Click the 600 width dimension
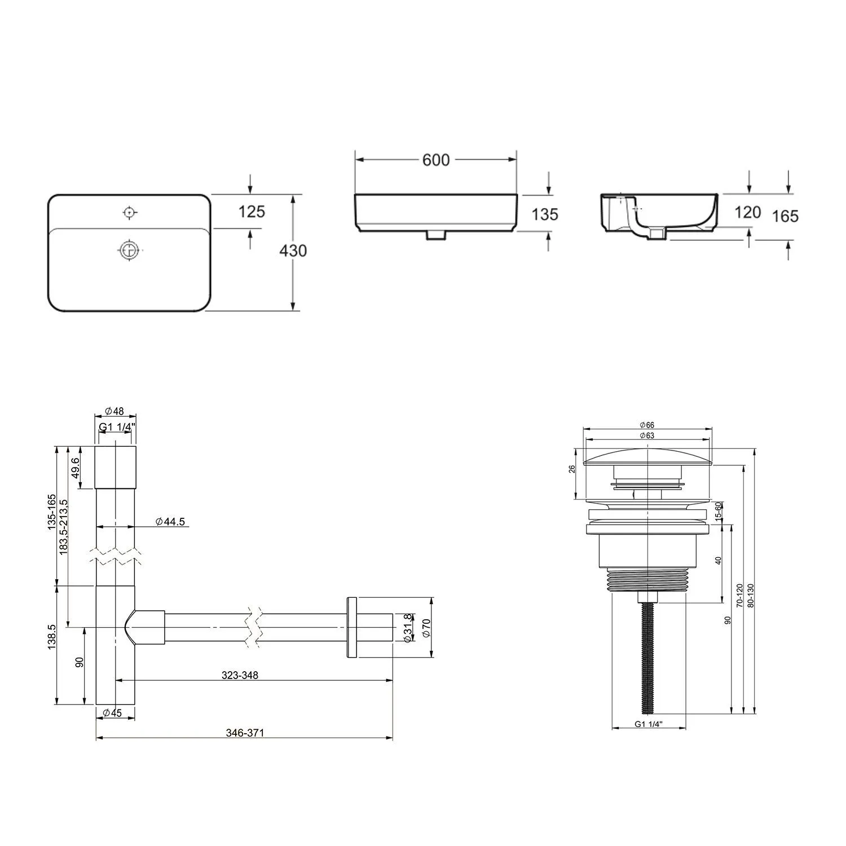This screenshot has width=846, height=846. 436,160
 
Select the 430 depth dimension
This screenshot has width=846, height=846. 293,250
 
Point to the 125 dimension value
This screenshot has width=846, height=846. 251,211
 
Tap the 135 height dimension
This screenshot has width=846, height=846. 545,214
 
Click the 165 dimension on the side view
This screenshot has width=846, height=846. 785,216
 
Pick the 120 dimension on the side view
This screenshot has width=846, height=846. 748,212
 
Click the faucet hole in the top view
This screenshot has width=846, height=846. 130,213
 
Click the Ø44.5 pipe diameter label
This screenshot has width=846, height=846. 170,522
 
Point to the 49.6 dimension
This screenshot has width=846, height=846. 76,468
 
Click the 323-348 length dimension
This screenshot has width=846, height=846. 240,675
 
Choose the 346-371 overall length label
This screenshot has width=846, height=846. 245,733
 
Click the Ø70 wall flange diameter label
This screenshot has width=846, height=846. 426,628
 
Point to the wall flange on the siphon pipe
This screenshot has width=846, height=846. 351,627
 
